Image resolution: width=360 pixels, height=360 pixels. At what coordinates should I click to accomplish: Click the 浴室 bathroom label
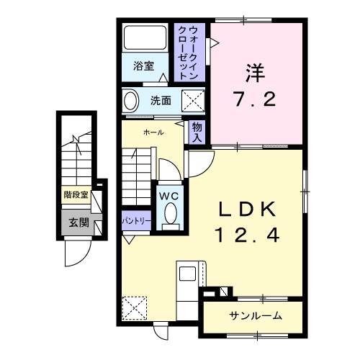(x=143, y=66)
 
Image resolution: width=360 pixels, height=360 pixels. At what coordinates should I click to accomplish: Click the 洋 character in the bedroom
(x=254, y=74)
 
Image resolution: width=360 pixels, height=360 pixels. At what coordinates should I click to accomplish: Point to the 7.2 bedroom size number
(x=254, y=99)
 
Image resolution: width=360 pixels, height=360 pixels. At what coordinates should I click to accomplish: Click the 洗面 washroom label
(x=161, y=101)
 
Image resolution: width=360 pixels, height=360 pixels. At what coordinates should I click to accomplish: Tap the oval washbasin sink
(x=131, y=101)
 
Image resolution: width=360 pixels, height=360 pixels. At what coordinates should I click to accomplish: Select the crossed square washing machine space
(x=190, y=100)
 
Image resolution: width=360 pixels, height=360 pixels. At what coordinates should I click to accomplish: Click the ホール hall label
(x=153, y=132)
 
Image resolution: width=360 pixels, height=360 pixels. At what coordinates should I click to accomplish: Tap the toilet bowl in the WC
(x=171, y=214)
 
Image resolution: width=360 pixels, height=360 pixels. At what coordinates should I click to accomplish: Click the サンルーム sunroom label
(x=256, y=316)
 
